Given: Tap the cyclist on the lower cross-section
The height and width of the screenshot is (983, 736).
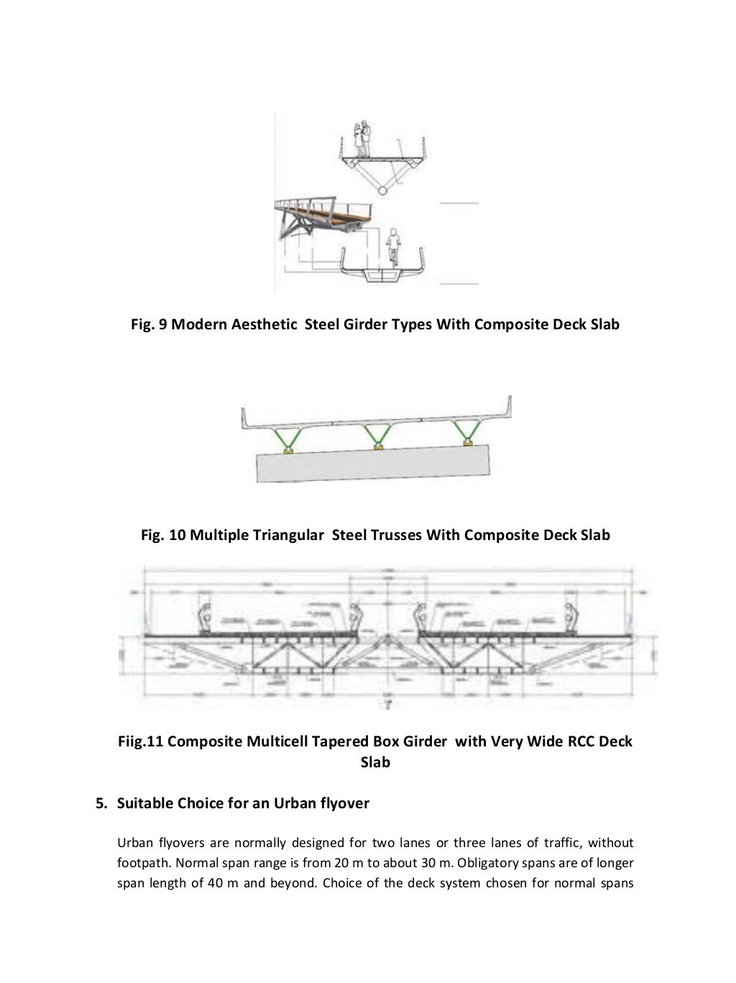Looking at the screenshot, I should coord(392,248).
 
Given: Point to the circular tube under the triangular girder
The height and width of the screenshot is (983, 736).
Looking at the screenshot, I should coord(384,189).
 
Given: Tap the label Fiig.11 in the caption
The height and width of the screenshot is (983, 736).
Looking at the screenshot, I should coord(141,741).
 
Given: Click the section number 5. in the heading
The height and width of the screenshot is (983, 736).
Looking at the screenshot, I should coord(101,803).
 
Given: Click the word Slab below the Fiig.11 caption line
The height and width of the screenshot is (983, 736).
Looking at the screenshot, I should coord(374,762).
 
